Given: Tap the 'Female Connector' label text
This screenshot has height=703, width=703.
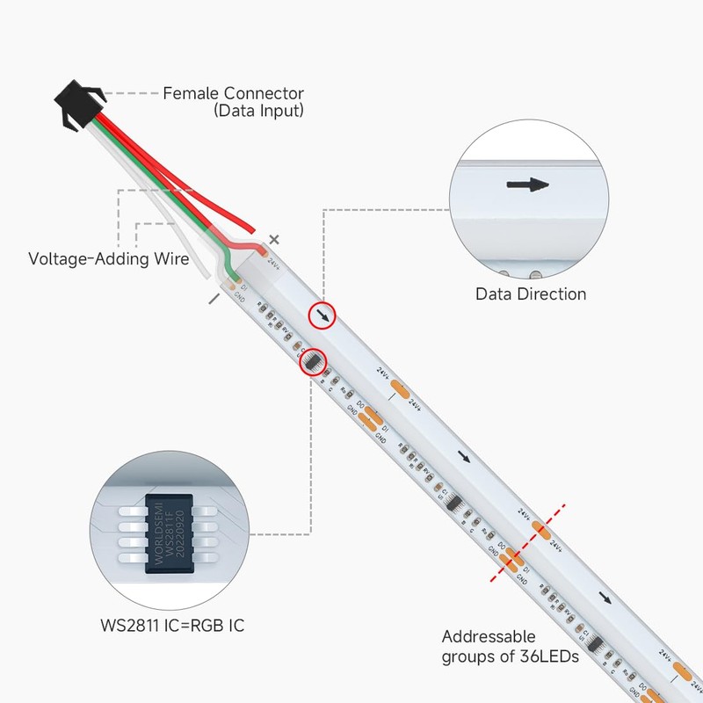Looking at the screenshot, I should point(234,93).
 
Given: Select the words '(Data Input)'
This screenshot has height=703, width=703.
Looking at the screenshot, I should point(259,111).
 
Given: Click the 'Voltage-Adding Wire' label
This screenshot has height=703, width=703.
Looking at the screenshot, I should point(109,259).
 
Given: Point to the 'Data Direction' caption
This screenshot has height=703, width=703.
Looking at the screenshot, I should point(531,294).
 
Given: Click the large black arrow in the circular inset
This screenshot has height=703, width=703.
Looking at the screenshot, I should point(528,185).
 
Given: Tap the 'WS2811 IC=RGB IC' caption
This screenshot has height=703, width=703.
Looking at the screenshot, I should point(172,626).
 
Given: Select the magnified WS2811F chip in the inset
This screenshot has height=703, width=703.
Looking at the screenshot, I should point(168,533).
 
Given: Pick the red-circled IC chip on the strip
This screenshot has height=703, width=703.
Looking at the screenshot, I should point(312,360).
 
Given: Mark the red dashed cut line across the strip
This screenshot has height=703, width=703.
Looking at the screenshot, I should point(528,543).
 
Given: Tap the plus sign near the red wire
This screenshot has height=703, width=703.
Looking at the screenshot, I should point(274,238).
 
